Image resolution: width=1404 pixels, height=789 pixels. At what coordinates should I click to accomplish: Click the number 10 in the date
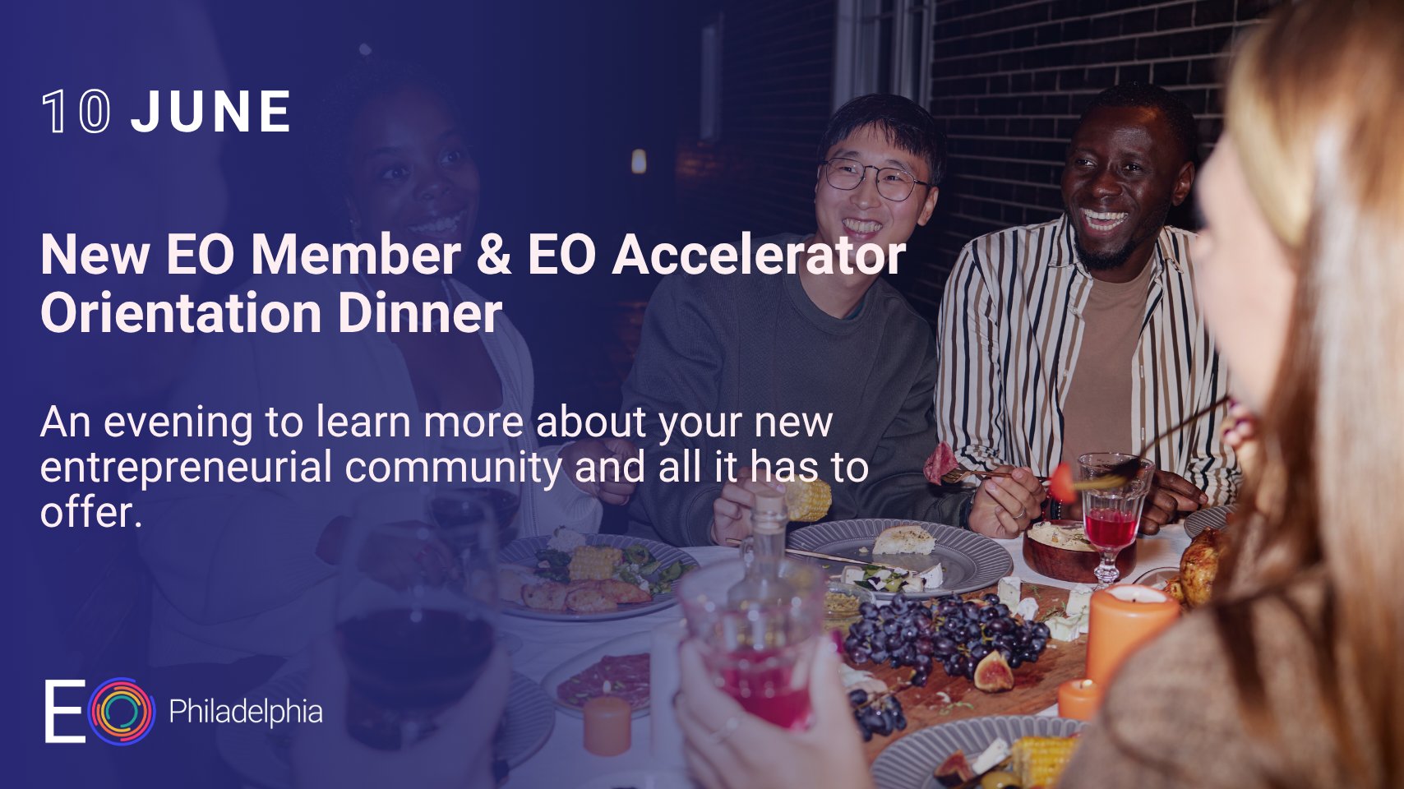pyautogui.click(x=76, y=112)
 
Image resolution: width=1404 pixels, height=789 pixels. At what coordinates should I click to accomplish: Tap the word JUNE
pyautogui.click(x=211, y=112)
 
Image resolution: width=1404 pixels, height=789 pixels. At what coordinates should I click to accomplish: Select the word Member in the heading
pyautogui.click(x=355, y=255)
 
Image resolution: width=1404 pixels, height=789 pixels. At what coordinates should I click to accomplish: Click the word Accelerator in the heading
pyautogui.click(x=758, y=255)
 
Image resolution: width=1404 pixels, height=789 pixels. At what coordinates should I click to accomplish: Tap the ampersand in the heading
pyautogui.click(x=493, y=255)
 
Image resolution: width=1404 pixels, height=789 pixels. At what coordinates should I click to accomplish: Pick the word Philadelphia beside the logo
pyautogui.click(x=245, y=712)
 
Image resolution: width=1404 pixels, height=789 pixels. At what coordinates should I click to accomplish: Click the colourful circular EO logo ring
pyautogui.click(x=122, y=711)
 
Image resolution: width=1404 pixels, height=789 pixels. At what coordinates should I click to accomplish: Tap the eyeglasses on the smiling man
pyautogui.click(x=875, y=179)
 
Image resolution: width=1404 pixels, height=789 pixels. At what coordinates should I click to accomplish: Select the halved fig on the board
pyautogui.click(x=994, y=672)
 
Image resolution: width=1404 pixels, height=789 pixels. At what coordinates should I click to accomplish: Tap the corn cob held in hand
pyautogui.click(x=808, y=499)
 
